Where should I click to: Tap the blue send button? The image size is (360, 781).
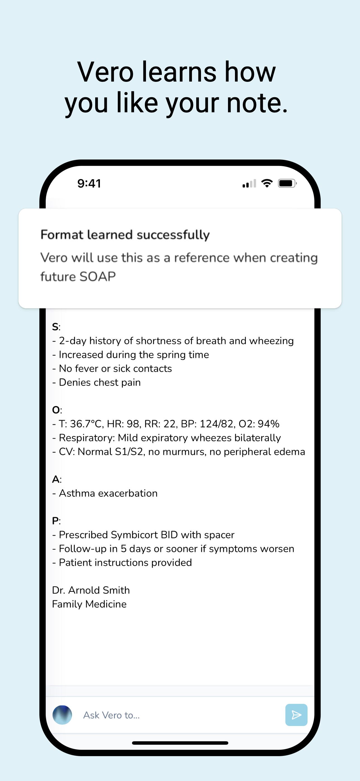[x=296, y=715]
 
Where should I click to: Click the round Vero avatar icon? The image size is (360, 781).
[x=62, y=715]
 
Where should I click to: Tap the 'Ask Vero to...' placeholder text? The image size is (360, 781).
[x=112, y=715]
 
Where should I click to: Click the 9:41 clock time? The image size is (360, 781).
[x=89, y=184]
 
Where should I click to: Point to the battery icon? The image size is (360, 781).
[x=287, y=184]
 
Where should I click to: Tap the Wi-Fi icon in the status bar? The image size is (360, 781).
[x=267, y=183]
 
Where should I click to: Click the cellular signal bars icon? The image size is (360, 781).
[x=249, y=184]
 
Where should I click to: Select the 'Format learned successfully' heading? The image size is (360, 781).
[x=125, y=235]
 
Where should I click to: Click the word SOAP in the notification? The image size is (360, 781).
[x=97, y=277]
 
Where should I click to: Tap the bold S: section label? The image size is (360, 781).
[x=56, y=327]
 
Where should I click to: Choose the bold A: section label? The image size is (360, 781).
[x=57, y=479]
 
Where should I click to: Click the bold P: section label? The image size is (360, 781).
[x=56, y=521]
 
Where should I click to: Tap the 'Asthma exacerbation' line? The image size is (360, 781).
[x=108, y=493]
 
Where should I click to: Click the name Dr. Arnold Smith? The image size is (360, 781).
[x=91, y=590]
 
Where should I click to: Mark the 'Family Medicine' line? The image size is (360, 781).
[x=89, y=604]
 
